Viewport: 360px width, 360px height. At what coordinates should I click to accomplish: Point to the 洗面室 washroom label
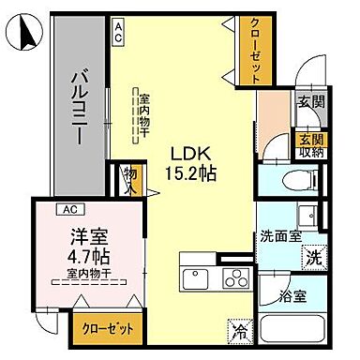(x=282, y=236)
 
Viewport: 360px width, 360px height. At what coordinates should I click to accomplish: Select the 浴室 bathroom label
(x=293, y=296)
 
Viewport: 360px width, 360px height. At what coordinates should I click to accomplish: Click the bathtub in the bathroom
(x=293, y=330)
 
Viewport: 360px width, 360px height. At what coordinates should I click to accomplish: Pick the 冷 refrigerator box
(x=242, y=330)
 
